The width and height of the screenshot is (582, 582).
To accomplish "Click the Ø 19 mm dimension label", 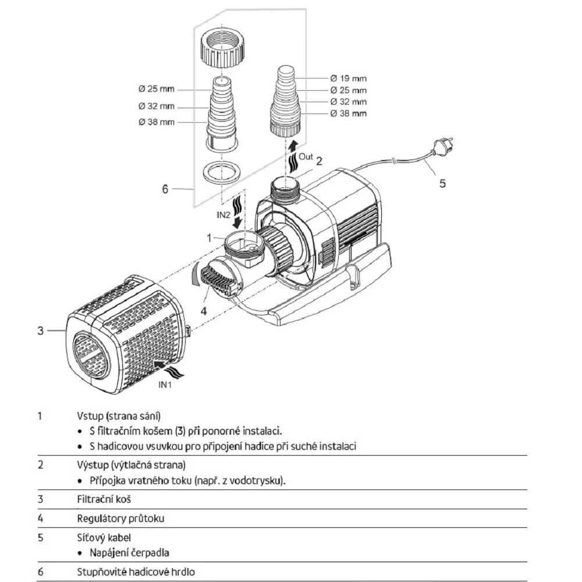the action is [348, 79].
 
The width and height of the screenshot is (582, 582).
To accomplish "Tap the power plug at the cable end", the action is [442, 146].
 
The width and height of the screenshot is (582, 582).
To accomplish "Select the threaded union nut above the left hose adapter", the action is [222, 48].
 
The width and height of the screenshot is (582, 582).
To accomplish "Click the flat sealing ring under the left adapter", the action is [222, 172].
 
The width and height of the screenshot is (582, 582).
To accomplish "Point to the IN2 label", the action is [223, 215].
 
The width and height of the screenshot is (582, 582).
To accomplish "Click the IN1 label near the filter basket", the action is [165, 385].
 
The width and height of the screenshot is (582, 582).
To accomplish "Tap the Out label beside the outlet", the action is [306, 157].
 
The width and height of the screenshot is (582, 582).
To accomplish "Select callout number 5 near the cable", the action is [442, 183].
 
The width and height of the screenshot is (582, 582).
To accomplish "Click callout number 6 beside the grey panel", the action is [165, 189].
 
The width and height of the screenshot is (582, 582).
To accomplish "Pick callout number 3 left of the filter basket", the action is [41, 331].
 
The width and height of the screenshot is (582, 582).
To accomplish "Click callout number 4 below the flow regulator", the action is [203, 311].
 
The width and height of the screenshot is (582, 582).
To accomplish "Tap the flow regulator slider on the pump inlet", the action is [217, 279].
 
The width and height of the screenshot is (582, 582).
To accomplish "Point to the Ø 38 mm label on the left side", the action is [156, 122].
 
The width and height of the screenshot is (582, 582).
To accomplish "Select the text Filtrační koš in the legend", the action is [104, 499].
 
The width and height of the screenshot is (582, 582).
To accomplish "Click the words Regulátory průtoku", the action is [120, 519].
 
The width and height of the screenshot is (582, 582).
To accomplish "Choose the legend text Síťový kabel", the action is [104, 538].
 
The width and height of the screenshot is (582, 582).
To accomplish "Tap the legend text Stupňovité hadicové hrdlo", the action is [136, 572].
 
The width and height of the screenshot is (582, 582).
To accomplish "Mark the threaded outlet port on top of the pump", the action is [285, 189].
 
